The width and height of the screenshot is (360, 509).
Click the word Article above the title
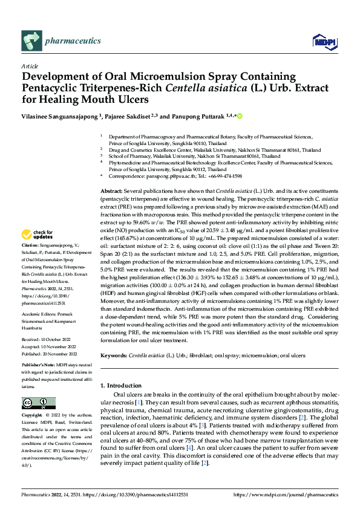(x=30, y=65)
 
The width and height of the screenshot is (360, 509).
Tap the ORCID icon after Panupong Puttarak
(x=239, y=115)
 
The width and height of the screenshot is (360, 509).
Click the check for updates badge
(x=38, y=233)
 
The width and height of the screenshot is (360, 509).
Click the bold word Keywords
(x=114, y=357)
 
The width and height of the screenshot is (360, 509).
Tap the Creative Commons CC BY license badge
(x=38, y=403)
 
